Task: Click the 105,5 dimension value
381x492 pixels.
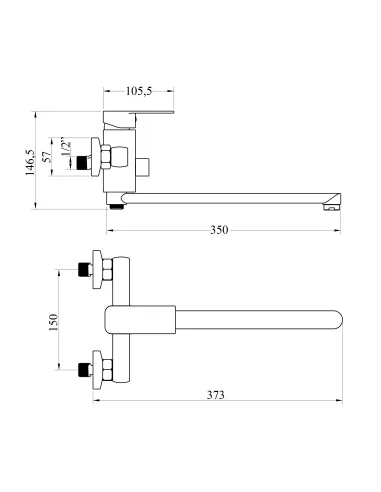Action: pyautogui.click(x=139, y=91)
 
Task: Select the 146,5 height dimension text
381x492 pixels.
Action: pyautogui.click(x=30, y=162)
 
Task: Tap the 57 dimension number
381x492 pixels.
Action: pyautogui.click(x=47, y=156)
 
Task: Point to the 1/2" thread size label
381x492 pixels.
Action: pyautogui.click(x=66, y=148)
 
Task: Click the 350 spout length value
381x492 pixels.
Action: pyautogui.click(x=219, y=230)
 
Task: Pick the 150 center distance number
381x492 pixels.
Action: pyautogui.click(x=53, y=322)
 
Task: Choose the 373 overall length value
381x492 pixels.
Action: pyautogui.click(x=216, y=395)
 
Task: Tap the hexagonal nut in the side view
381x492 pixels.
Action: pyautogui.click(x=106, y=156)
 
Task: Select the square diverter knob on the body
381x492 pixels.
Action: pyautogui.click(x=143, y=167)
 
